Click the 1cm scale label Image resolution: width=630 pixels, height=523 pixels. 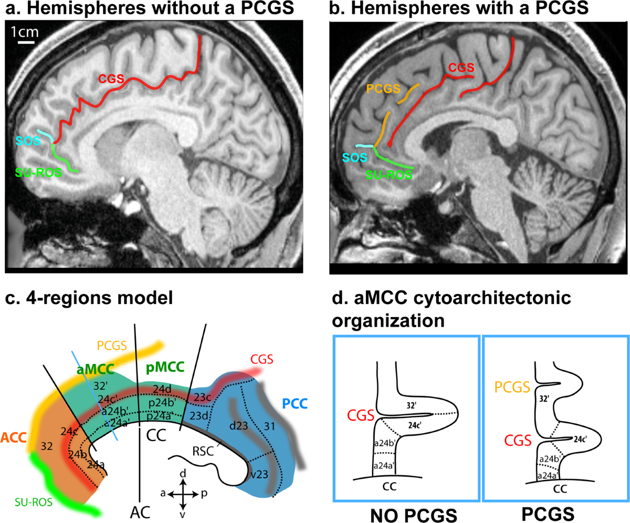point(24,33)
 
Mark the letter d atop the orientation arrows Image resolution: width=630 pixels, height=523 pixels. point(183,474)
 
